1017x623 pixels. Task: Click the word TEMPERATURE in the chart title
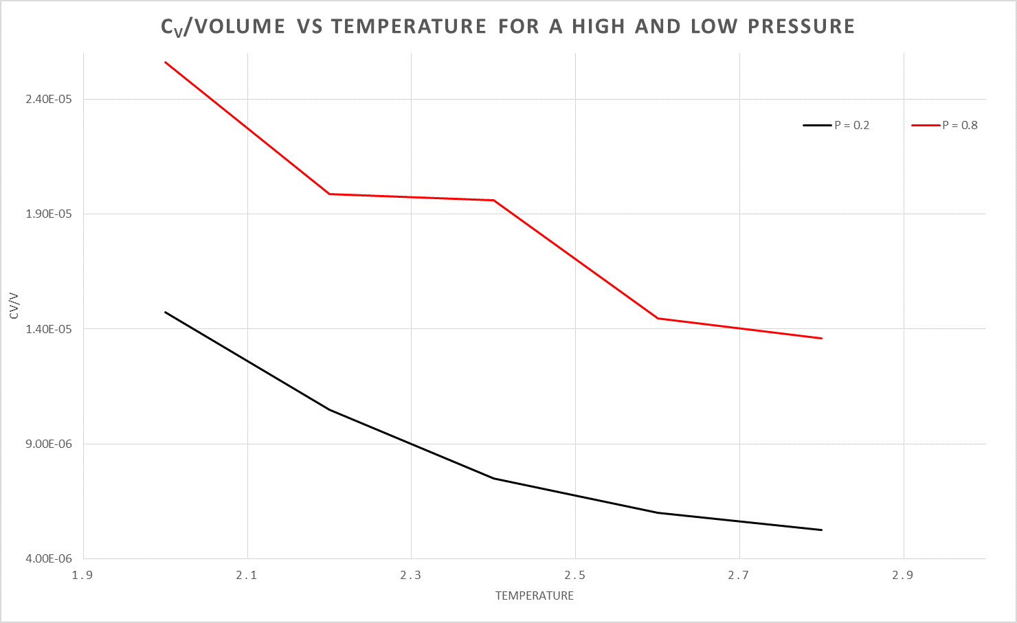pyautogui.click(x=409, y=27)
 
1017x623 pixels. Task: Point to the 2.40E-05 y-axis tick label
pyautogui.click(x=49, y=99)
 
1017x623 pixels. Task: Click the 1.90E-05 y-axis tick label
pyautogui.click(x=49, y=214)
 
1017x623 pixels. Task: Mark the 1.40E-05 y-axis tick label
pyautogui.click(x=49, y=329)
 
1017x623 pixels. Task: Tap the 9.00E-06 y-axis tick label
pyautogui.click(x=49, y=444)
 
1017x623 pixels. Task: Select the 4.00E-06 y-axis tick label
pyautogui.click(x=49, y=558)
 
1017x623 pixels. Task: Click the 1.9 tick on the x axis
pyautogui.click(x=82, y=575)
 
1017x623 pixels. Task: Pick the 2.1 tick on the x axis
pyautogui.click(x=247, y=575)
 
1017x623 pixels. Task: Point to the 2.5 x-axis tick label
pyautogui.click(x=575, y=575)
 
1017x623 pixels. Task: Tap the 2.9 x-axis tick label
pyautogui.click(x=903, y=575)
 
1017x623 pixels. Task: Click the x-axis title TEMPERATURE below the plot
pyautogui.click(x=534, y=596)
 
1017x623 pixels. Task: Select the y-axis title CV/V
pyautogui.click(x=14, y=306)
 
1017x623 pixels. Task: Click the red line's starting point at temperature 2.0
pyautogui.click(x=165, y=62)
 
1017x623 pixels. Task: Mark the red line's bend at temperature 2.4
pyautogui.click(x=493, y=200)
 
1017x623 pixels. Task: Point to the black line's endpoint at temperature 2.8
pyautogui.click(x=821, y=530)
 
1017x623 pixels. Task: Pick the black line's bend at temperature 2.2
pyautogui.click(x=329, y=409)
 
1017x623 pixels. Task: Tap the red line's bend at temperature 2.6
pyautogui.click(x=658, y=318)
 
